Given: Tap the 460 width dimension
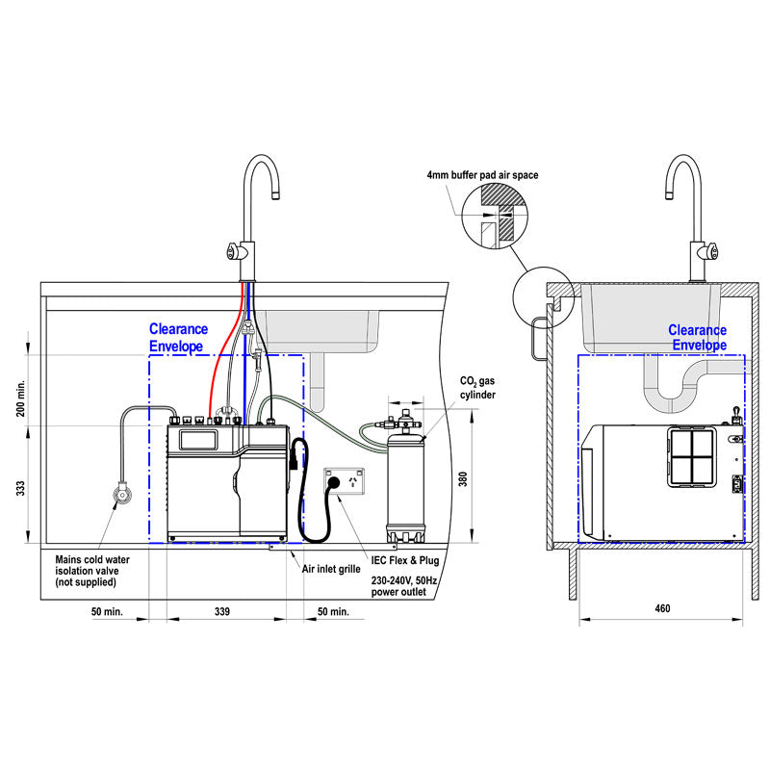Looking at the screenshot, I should coord(662,608).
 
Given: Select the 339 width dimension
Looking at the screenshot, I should coord(223,611).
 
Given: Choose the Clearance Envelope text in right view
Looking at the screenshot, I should coord(698,338).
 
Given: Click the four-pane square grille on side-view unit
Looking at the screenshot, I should coord(693,456).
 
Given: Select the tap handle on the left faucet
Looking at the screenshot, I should coord(232,252).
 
